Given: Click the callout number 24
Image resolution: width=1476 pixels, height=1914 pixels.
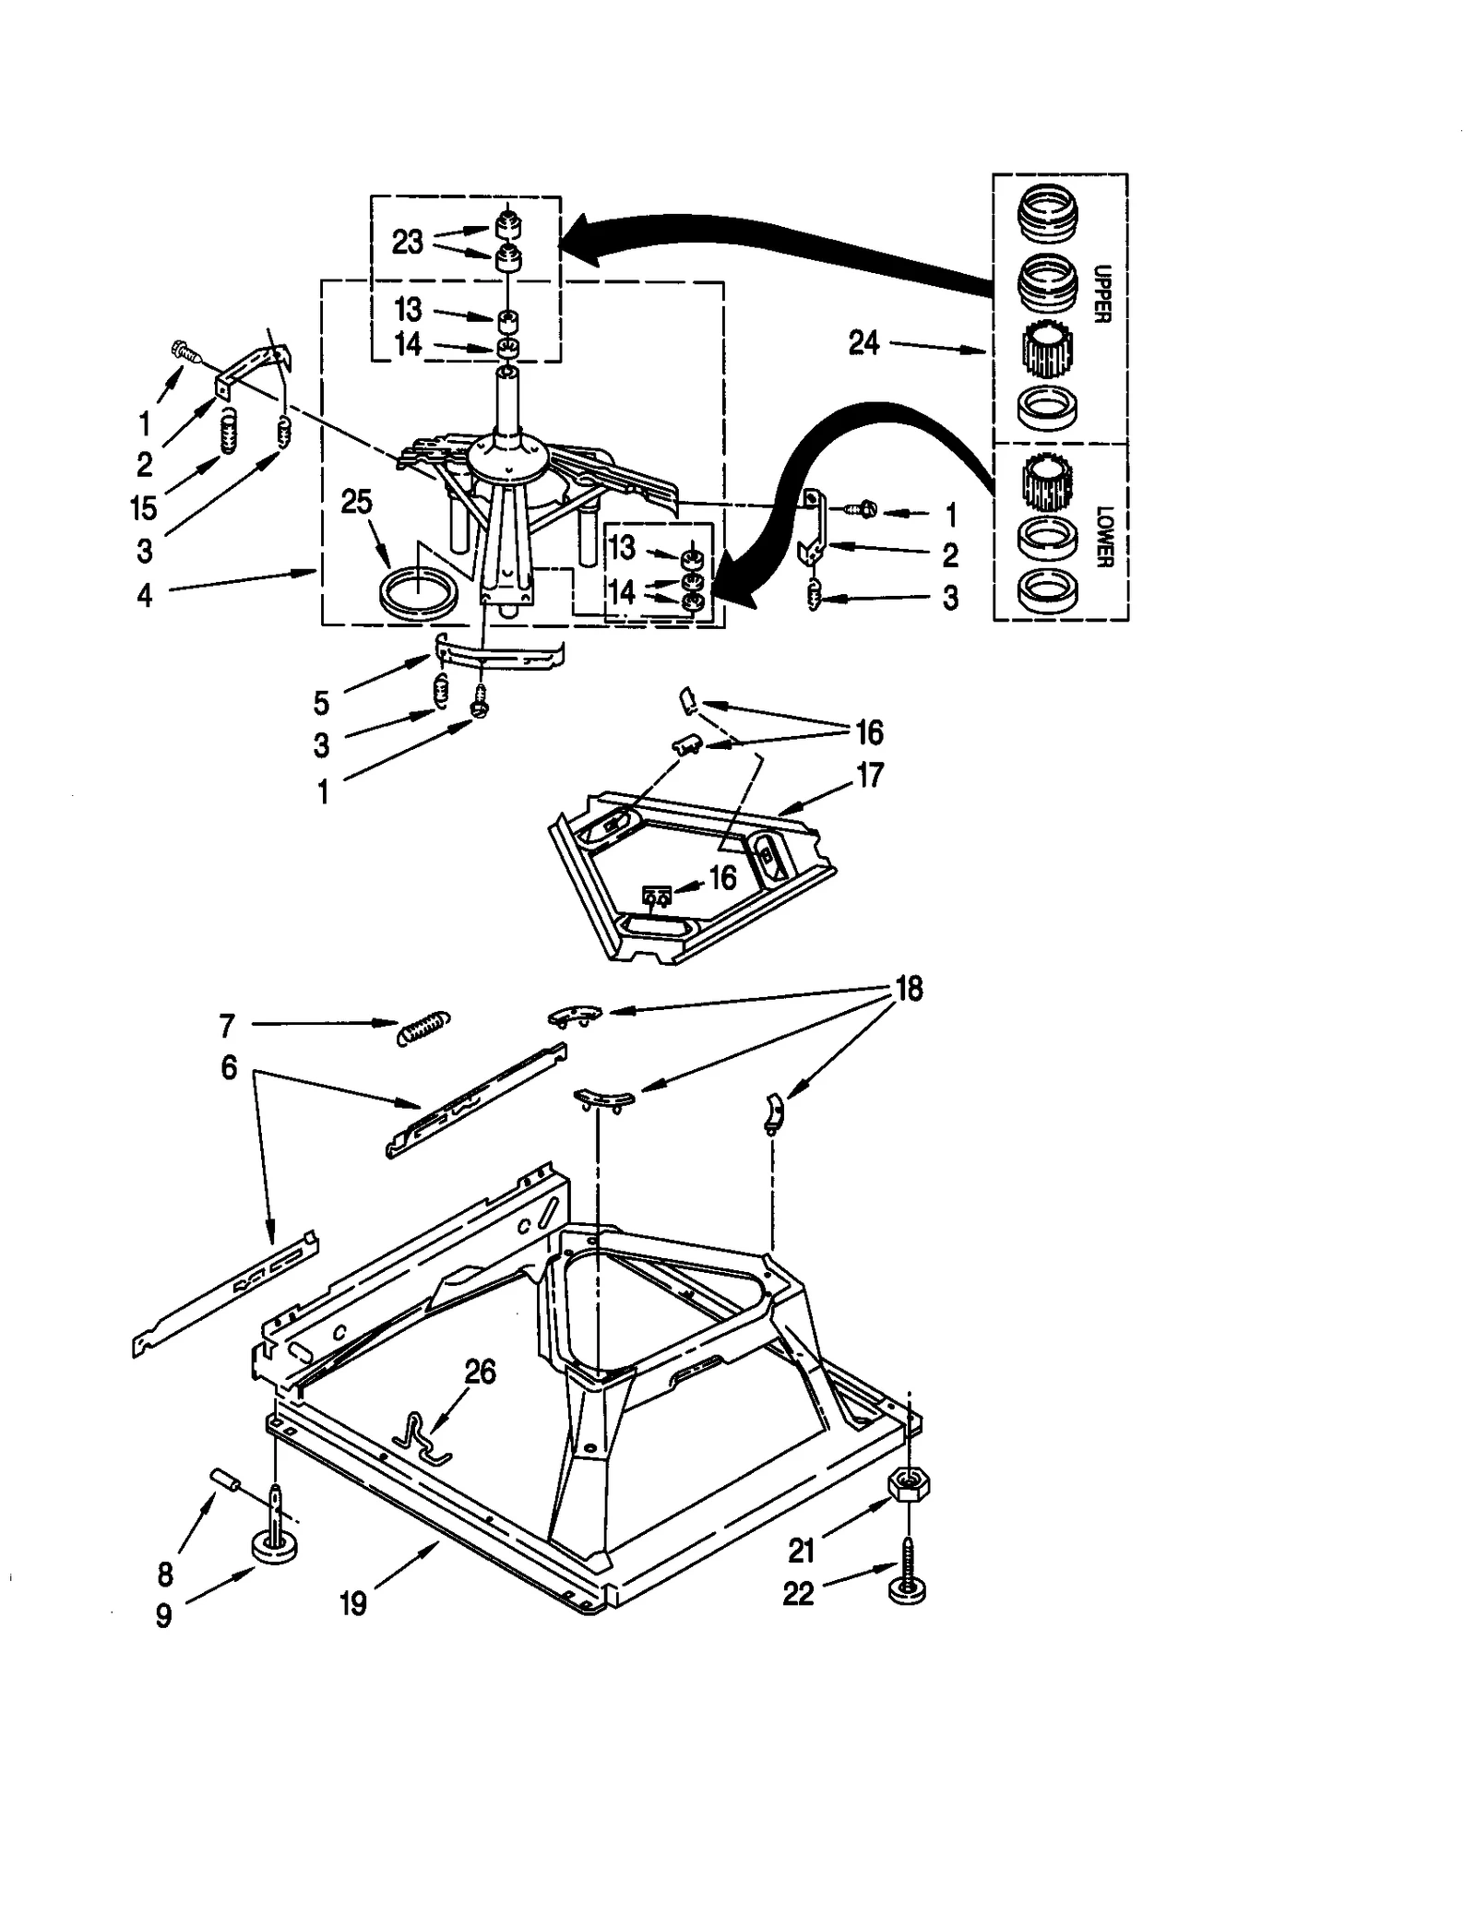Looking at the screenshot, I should (x=863, y=343).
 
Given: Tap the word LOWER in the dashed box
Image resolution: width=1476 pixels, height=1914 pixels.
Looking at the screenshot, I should (x=1104, y=536).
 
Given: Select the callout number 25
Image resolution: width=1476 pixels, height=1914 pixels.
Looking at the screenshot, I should (x=356, y=502).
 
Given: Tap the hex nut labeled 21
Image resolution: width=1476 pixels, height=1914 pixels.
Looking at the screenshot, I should (x=908, y=1486).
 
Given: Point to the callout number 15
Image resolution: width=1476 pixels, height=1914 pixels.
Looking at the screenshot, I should (x=144, y=508).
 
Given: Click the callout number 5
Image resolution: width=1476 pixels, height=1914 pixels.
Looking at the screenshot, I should (x=321, y=703).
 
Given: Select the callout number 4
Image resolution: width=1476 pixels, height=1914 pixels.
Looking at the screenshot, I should (x=145, y=596).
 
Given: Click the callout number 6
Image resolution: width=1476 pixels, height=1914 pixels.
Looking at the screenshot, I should (x=229, y=1067).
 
